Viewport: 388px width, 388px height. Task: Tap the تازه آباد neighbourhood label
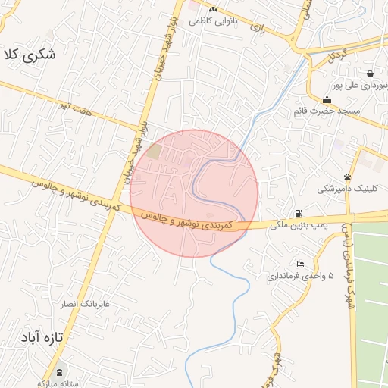(x=40, y=336)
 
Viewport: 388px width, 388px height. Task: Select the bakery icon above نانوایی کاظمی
(x=213, y=9)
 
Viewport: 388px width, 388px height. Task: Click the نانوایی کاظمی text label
(x=213, y=20)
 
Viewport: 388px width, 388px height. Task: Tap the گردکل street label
(x=336, y=56)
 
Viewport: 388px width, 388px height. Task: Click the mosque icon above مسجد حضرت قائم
(x=327, y=99)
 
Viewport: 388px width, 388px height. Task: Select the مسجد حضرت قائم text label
(x=327, y=111)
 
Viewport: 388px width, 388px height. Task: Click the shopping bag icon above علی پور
(x=369, y=74)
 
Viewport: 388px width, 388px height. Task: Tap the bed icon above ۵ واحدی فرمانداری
(x=301, y=264)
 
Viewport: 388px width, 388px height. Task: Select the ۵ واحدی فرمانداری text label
(x=300, y=276)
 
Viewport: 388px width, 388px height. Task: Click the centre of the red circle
(x=194, y=193)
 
